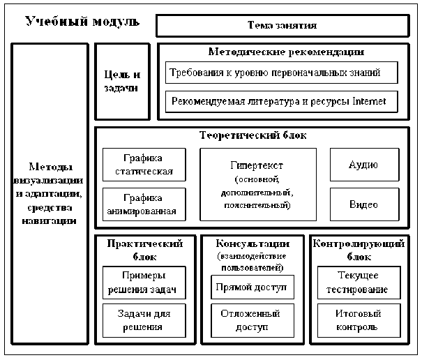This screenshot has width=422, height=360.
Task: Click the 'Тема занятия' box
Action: (282, 26)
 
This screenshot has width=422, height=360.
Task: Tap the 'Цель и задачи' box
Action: (122, 82)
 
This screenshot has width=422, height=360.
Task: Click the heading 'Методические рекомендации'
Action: (286, 52)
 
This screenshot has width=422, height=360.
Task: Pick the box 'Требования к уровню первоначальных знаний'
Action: (282, 73)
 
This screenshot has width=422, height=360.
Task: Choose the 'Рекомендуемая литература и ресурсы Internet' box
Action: (282, 102)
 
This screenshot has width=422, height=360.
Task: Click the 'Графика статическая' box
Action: (144, 165)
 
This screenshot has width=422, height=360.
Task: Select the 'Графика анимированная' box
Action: (144, 204)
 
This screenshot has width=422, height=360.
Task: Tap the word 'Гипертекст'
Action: (258, 166)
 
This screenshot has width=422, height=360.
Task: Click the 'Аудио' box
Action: (363, 165)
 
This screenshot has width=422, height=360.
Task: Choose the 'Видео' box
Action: (363, 204)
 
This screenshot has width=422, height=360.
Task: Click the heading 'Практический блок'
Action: (145, 249)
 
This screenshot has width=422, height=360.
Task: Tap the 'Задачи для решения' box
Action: (144, 320)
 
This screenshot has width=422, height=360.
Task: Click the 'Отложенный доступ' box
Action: (253, 320)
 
